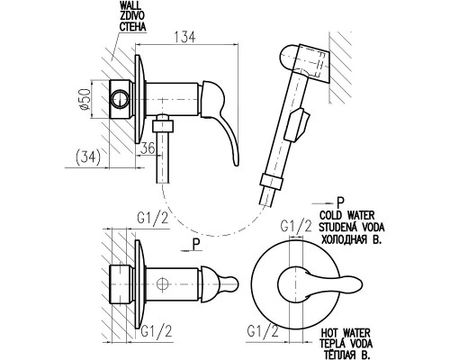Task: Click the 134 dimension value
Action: [x=184, y=37]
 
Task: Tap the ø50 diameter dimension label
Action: [x=85, y=99]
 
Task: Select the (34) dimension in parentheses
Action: [x=88, y=157]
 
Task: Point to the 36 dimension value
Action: [x=148, y=148]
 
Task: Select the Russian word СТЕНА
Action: [x=133, y=26]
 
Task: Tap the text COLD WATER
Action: [x=347, y=215]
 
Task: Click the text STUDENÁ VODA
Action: [x=351, y=227]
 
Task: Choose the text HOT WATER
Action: [x=346, y=333]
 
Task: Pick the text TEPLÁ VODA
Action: [x=346, y=343]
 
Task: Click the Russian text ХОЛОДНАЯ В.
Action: [x=351, y=239]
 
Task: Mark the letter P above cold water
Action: [x=340, y=202]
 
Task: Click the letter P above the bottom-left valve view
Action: [x=196, y=245]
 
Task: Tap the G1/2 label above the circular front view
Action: [x=296, y=226]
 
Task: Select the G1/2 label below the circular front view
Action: [x=263, y=331]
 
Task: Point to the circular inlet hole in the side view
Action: [x=120, y=98]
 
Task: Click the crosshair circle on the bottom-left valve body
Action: [x=162, y=283]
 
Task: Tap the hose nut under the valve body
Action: [x=163, y=126]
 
